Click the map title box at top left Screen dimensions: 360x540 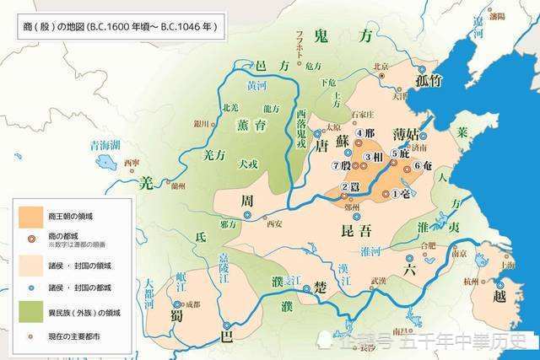(x=119, y=27)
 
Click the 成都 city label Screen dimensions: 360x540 (x=193, y=304)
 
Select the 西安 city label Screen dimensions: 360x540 (x=273, y=223)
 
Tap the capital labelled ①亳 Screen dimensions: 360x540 (x=406, y=193)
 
